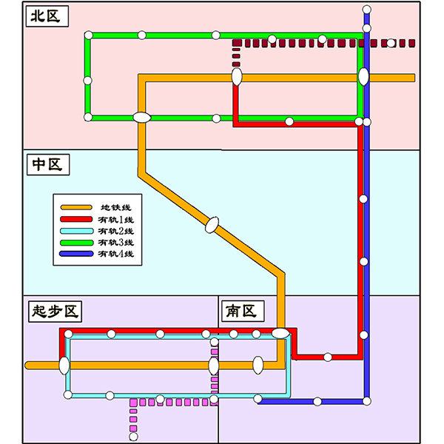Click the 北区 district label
click(46, 17)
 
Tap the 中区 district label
click(46, 164)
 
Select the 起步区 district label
click(54, 311)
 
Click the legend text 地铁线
click(115, 207)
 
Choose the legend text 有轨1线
click(115, 220)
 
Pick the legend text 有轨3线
click(115, 243)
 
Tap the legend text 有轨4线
click(115, 255)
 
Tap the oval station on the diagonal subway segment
click(213, 223)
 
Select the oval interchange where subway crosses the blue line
click(363, 76)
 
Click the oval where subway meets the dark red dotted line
click(237, 76)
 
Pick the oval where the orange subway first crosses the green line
click(141, 117)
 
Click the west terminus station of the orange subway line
click(30, 365)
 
